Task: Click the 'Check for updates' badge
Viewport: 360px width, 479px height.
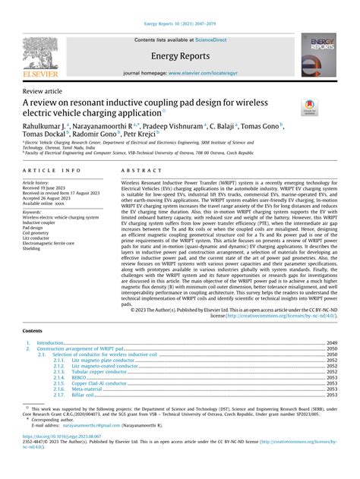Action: [x=311, y=109]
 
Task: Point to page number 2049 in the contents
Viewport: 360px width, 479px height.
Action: [x=331, y=343]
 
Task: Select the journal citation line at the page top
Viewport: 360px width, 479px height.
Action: [x=179, y=7]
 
